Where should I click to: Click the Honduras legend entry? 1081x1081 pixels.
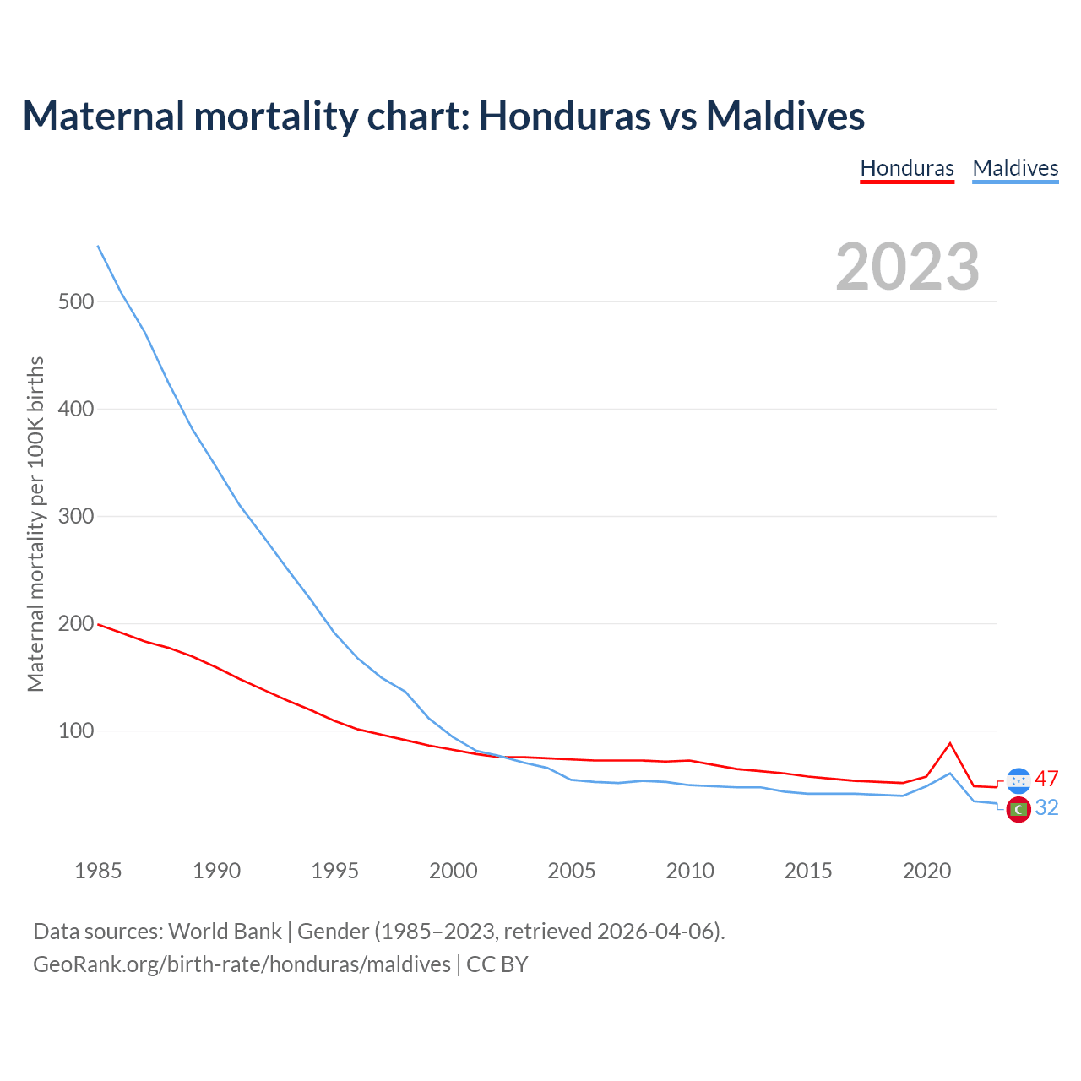906,168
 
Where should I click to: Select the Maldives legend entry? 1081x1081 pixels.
1015,168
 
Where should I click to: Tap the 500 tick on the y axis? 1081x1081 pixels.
75,301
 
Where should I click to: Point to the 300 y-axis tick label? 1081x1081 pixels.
75,516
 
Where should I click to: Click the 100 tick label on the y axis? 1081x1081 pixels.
75,731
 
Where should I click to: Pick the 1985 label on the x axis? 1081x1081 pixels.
98,871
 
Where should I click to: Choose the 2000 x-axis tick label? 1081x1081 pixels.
454,871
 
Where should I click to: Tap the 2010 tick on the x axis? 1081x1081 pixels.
690,871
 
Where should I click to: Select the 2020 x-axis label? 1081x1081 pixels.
926,871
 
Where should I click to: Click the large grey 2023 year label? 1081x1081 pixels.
907,267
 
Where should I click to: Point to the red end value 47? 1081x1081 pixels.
1046,779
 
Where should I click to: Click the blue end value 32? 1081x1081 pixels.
1046,808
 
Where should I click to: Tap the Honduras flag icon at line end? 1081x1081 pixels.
1019,780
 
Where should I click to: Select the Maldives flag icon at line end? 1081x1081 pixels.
1019,809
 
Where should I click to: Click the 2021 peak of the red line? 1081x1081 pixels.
950,743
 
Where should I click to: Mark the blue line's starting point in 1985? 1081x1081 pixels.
98,246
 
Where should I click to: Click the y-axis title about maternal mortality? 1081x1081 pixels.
35,524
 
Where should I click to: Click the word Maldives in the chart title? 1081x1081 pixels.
785,116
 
